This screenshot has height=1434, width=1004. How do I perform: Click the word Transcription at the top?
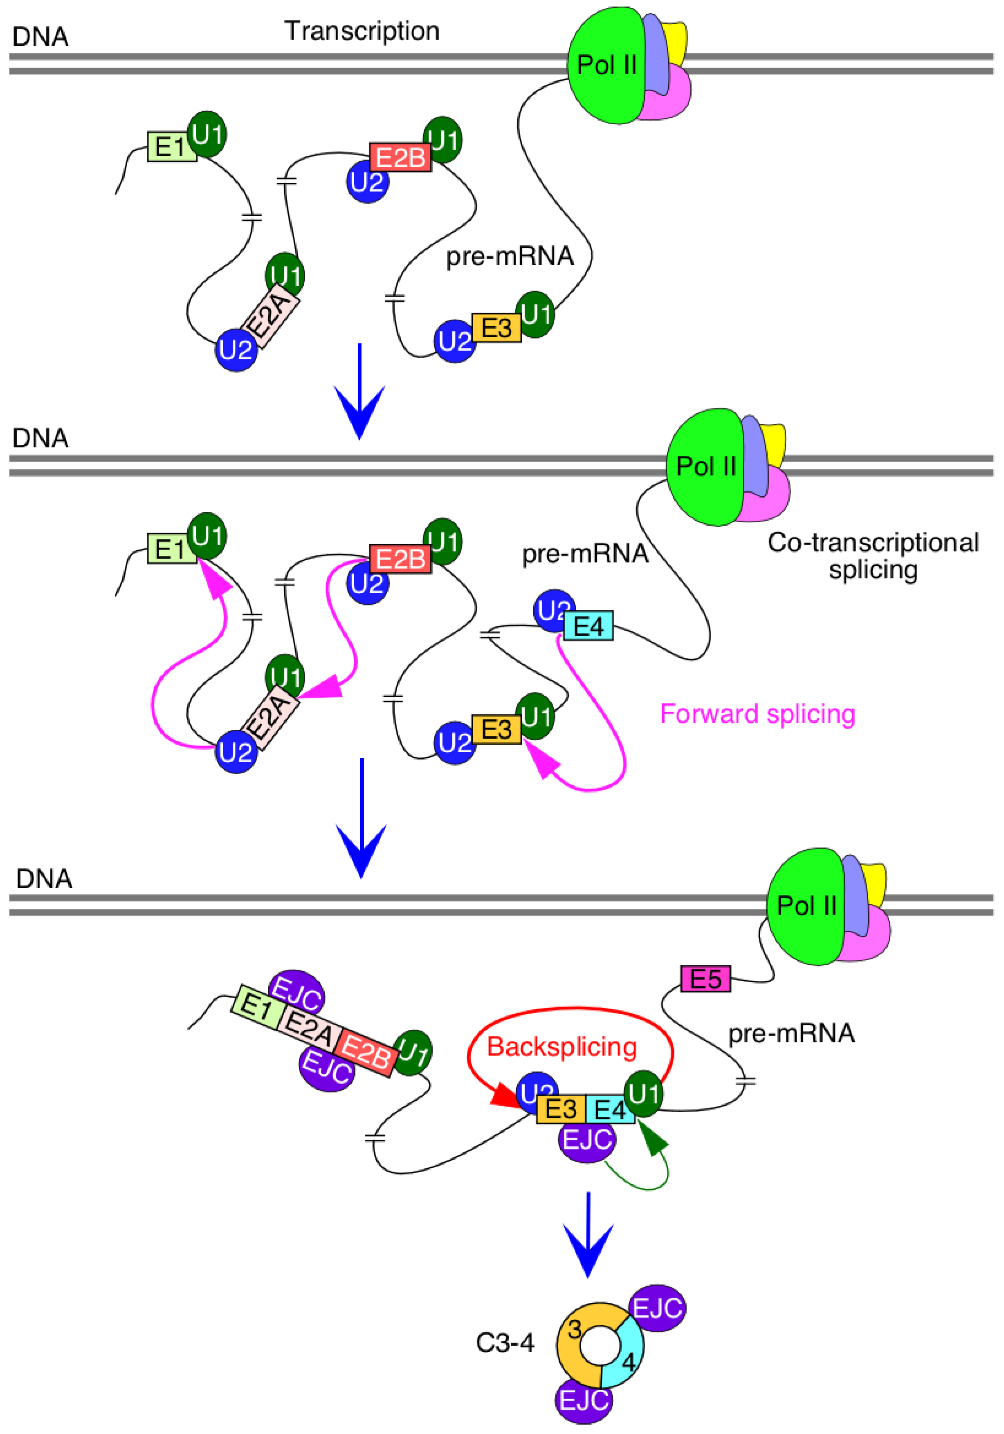tap(362, 31)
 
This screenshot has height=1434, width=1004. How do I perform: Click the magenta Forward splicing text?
tap(757, 713)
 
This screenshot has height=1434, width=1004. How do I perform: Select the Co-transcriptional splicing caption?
tap(873, 555)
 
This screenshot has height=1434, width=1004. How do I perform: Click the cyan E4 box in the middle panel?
tap(588, 626)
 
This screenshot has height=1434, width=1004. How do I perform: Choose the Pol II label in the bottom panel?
tap(806, 905)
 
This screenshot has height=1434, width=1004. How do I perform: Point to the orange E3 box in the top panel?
tap(496, 328)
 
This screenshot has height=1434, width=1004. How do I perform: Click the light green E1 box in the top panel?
tap(171, 147)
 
